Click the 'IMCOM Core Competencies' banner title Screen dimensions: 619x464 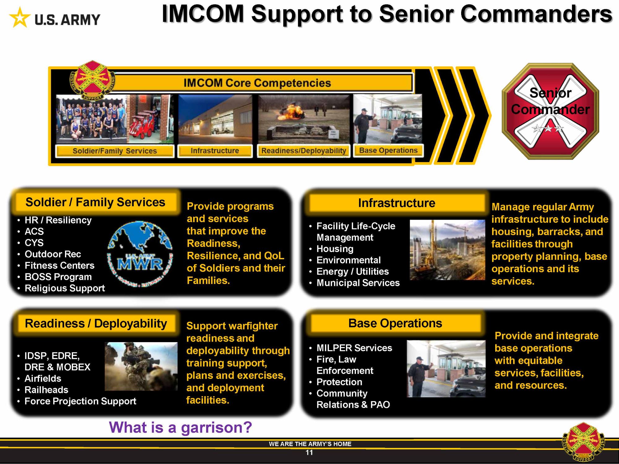coord(257,83)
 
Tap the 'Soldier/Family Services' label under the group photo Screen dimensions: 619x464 coord(115,151)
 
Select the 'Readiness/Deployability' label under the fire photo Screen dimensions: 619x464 coord(304,151)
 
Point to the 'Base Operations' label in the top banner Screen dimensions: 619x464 coord(388,150)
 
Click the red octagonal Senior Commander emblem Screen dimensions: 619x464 coord(550,111)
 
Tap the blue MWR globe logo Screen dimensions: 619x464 coord(140,254)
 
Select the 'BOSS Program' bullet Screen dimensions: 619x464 coord(58,277)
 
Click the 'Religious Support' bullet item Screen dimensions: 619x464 coord(65,288)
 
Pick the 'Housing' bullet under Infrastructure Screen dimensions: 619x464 coord(335,249)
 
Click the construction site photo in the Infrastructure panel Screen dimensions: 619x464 coord(448,250)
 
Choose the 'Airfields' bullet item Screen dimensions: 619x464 coord(43,378)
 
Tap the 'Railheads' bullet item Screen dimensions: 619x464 coord(46,390)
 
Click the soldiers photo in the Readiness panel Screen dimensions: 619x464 coord(141,366)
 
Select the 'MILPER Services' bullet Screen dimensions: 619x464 coord(354,348)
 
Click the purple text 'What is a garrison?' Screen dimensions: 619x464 coord(180,427)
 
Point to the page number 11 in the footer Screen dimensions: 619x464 coord(309,453)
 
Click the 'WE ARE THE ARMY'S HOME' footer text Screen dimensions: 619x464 coord(310,444)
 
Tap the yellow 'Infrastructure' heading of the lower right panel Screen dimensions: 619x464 coord(397,203)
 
